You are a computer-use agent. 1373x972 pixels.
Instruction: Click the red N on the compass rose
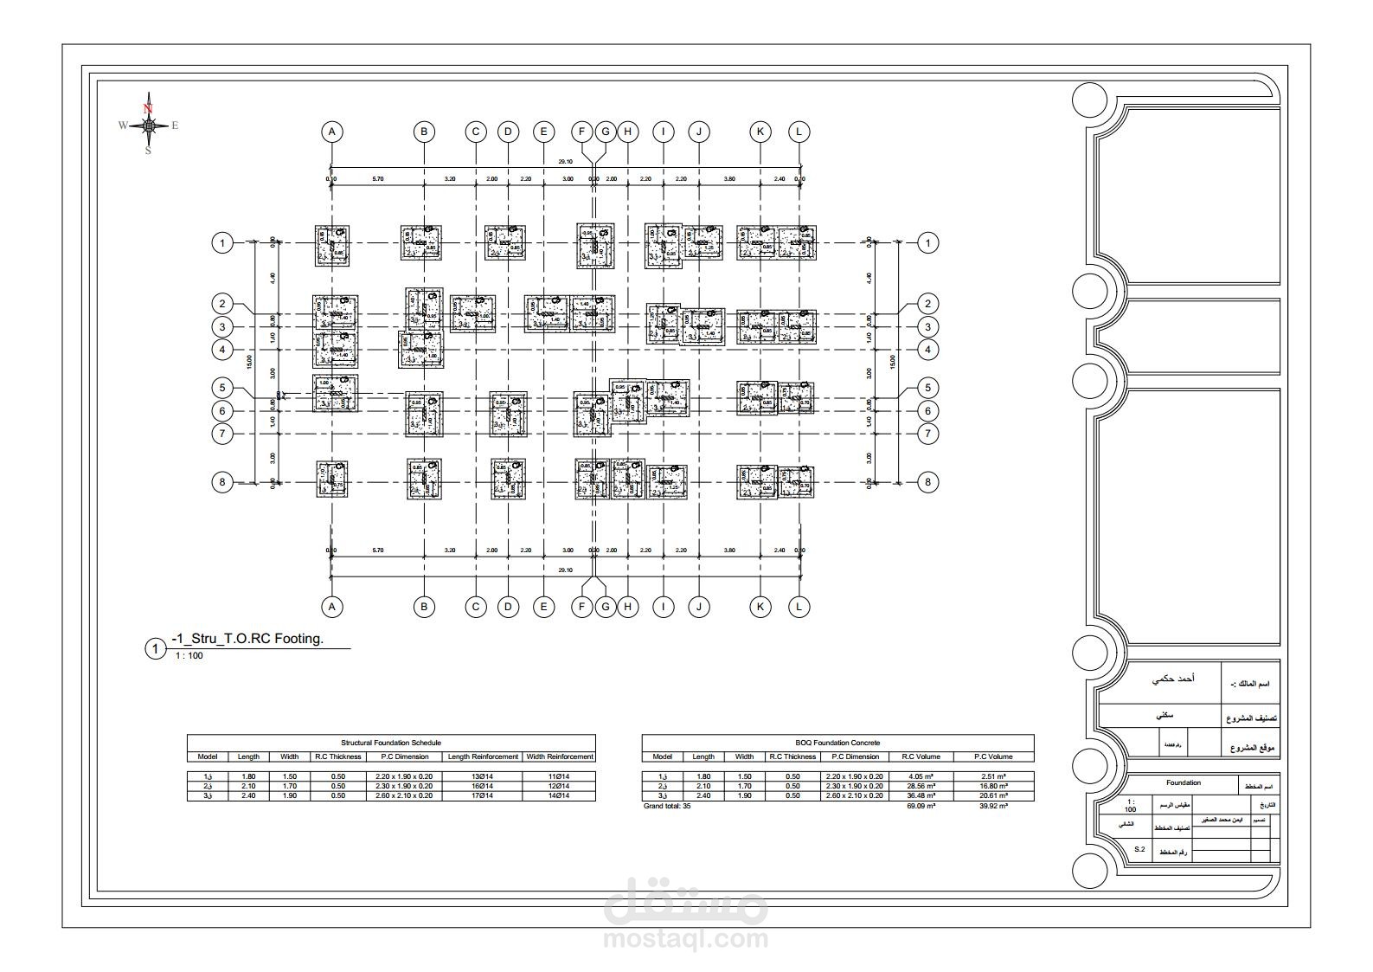click(148, 108)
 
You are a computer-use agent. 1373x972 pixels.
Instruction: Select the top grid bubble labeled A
click(331, 132)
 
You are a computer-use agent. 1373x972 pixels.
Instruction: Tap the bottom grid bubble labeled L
click(799, 607)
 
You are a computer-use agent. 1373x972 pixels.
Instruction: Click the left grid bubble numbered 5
click(222, 388)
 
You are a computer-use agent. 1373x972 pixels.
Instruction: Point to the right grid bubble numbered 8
click(927, 482)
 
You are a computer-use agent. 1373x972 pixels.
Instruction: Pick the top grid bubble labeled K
click(760, 132)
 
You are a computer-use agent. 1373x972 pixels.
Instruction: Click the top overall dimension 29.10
click(565, 162)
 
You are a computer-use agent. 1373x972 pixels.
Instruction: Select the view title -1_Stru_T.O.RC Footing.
click(247, 639)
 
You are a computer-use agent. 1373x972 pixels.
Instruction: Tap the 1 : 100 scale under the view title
click(189, 656)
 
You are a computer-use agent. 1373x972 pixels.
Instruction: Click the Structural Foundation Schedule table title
click(391, 743)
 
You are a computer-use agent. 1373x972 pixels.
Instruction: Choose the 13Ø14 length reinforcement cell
click(482, 776)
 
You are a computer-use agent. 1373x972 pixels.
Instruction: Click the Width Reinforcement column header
click(560, 756)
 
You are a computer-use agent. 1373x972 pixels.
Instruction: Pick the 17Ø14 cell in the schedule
click(482, 795)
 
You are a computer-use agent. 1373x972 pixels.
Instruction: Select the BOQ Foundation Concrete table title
click(837, 743)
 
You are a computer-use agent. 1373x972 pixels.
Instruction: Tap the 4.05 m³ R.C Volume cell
click(921, 776)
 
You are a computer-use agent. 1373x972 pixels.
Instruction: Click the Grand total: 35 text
click(667, 806)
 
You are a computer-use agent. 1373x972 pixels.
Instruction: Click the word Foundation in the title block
click(1183, 783)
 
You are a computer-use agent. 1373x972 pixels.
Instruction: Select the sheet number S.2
click(1139, 850)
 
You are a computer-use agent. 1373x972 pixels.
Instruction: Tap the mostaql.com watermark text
click(686, 938)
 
